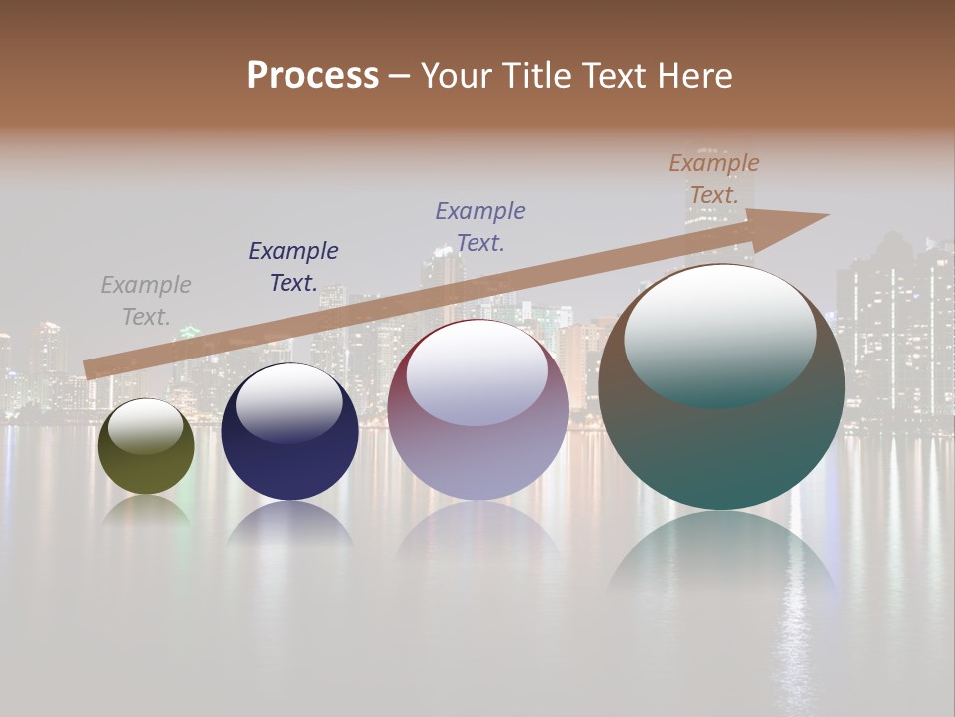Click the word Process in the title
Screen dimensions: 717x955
click(x=312, y=76)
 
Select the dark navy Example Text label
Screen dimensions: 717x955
click(x=293, y=267)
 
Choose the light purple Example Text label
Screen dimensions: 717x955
click(x=480, y=227)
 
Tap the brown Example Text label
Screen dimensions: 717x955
click(x=714, y=179)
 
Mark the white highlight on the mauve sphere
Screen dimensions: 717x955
click(x=477, y=370)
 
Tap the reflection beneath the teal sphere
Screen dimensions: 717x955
click(x=721, y=558)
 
